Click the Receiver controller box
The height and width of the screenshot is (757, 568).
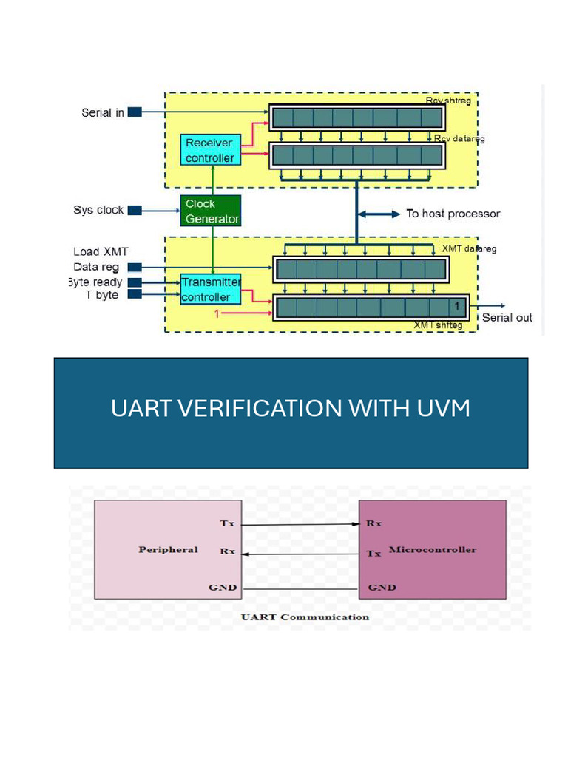[209, 150]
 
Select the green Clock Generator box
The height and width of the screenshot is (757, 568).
[212, 211]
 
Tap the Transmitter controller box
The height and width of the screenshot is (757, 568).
[212, 289]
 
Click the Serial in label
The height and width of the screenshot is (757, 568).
[103, 113]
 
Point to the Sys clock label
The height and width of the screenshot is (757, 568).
[98, 210]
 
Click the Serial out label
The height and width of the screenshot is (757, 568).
[507, 318]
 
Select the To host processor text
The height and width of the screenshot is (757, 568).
[453, 214]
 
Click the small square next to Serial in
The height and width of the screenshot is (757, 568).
[134, 112]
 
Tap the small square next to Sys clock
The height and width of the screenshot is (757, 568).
[134, 210]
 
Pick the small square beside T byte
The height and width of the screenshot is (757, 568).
[134, 295]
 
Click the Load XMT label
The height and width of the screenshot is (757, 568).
[101, 252]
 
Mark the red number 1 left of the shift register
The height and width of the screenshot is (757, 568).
[217, 314]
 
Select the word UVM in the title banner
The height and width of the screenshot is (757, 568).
[444, 408]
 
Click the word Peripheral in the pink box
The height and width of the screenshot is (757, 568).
[168, 550]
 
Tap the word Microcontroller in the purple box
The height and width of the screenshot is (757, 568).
[433, 550]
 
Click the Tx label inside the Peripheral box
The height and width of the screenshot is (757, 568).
[227, 523]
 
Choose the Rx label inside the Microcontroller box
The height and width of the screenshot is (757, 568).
[373, 523]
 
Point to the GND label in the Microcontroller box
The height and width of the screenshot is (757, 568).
[382, 588]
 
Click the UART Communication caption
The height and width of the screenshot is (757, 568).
[305, 617]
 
